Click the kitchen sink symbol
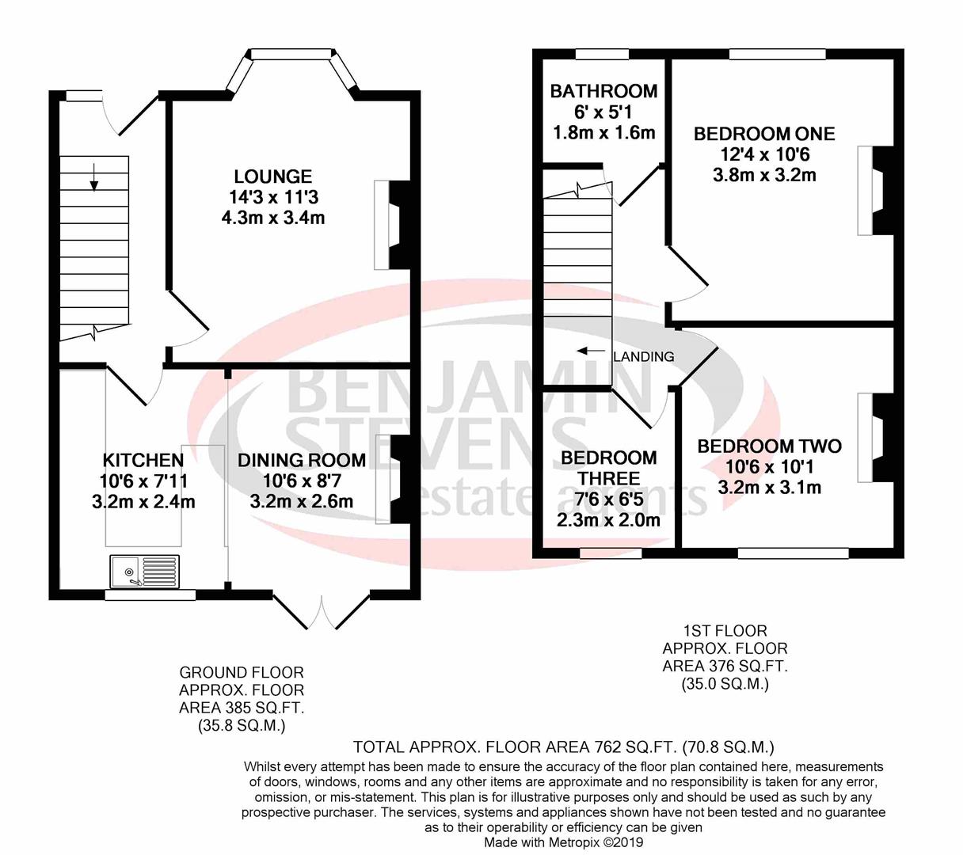coord(145,571)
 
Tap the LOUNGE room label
coord(273,177)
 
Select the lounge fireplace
coord(392,225)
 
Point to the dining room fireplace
coord(394,480)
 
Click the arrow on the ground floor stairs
coord(94,177)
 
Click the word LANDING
coord(643,356)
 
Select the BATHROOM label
coord(603,91)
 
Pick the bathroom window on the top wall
coord(602,55)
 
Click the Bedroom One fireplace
coord(875,190)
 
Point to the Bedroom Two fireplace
coord(875,438)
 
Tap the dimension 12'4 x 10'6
coord(764,154)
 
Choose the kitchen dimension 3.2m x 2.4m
coord(143,502)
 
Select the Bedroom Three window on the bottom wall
coord(611,553)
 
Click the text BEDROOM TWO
coord(769,446)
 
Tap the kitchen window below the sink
coord(150,595)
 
